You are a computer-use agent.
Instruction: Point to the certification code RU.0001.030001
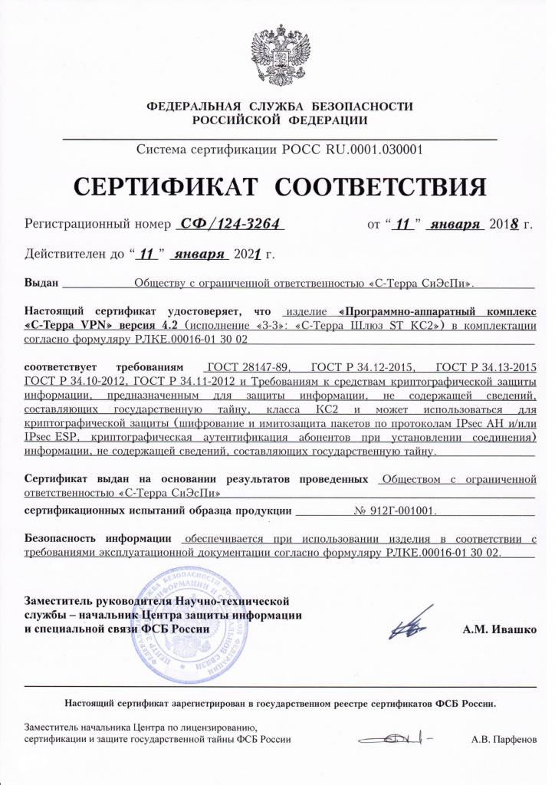(367, 150)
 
